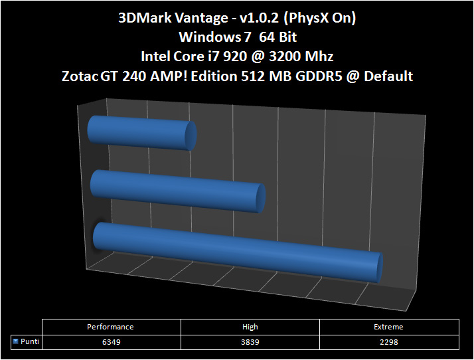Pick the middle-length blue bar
click(x=176, y=191)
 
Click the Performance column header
click(x=111, y=327)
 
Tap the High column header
click(x=250, y=327)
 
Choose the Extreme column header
click(x=389, y=327)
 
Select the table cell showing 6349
click(x=111, y=341)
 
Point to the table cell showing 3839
click(x=250, y=341)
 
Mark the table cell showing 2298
click(x=389, y=341)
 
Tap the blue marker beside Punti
click(x=15, y=341)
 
